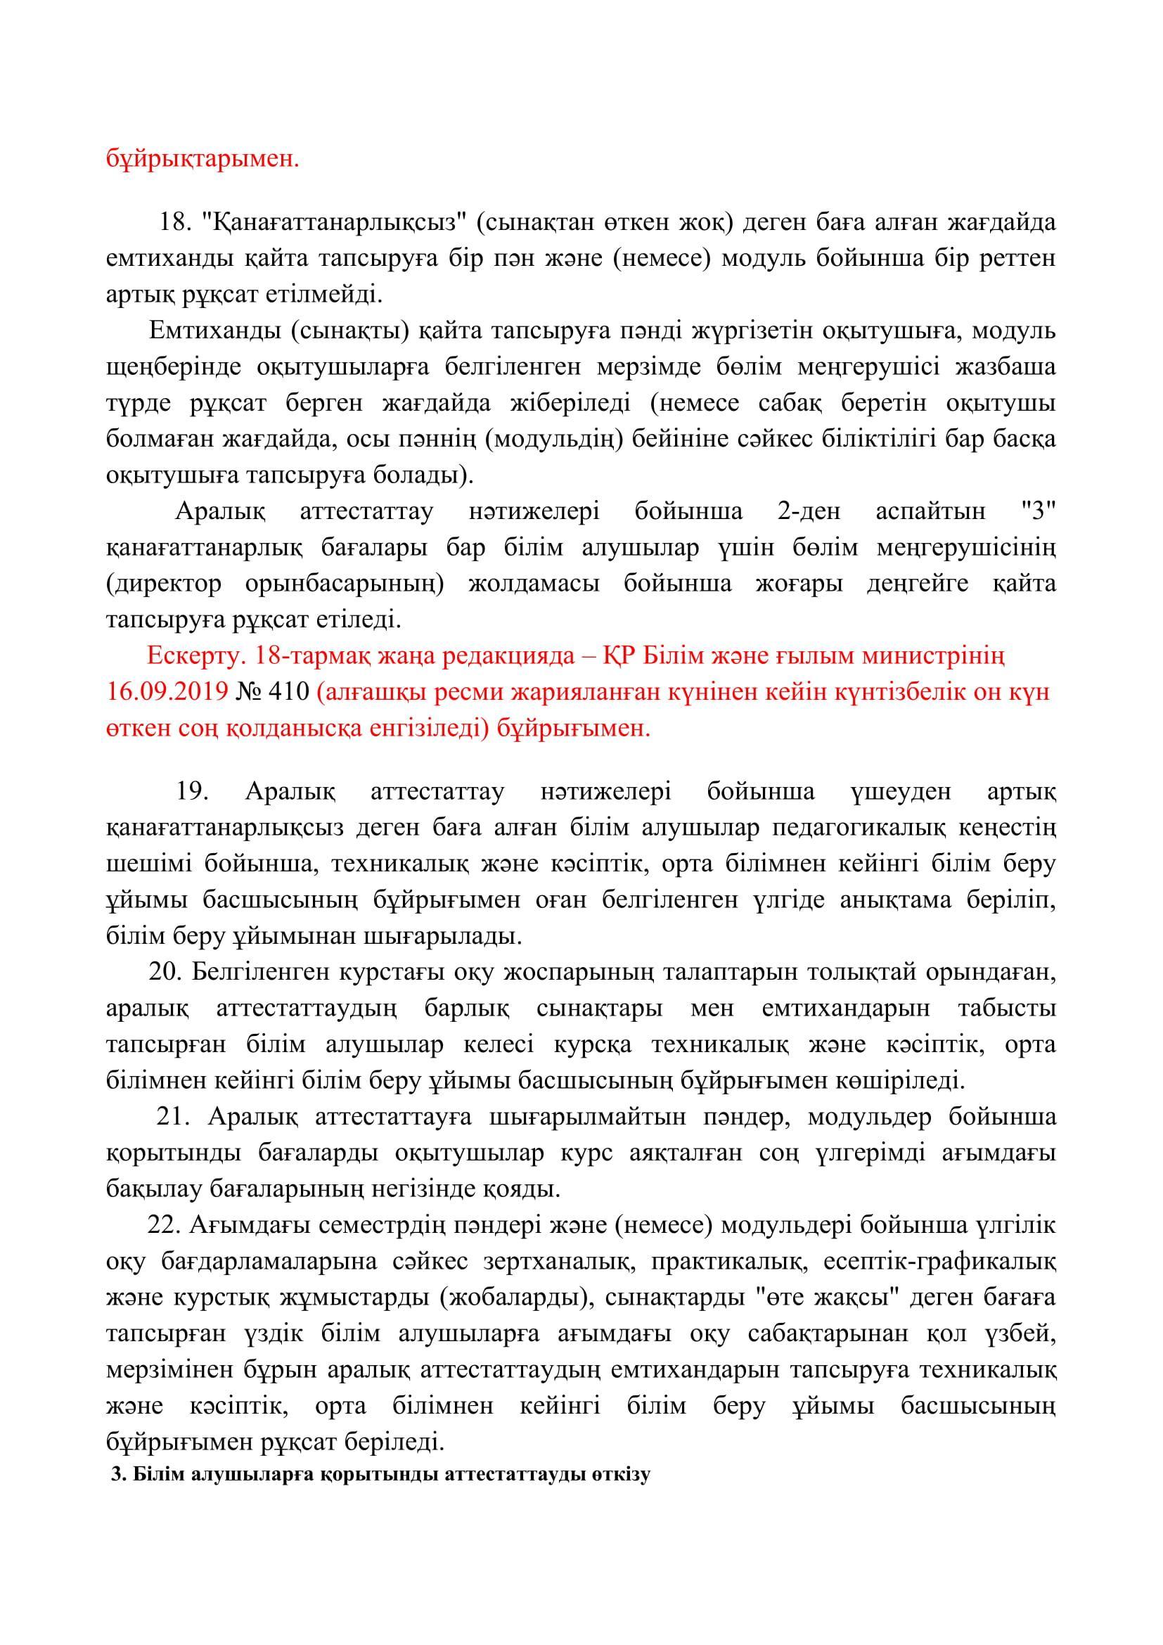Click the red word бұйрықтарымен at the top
203,158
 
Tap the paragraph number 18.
172,222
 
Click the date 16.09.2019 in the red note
167,692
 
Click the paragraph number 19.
191,792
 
